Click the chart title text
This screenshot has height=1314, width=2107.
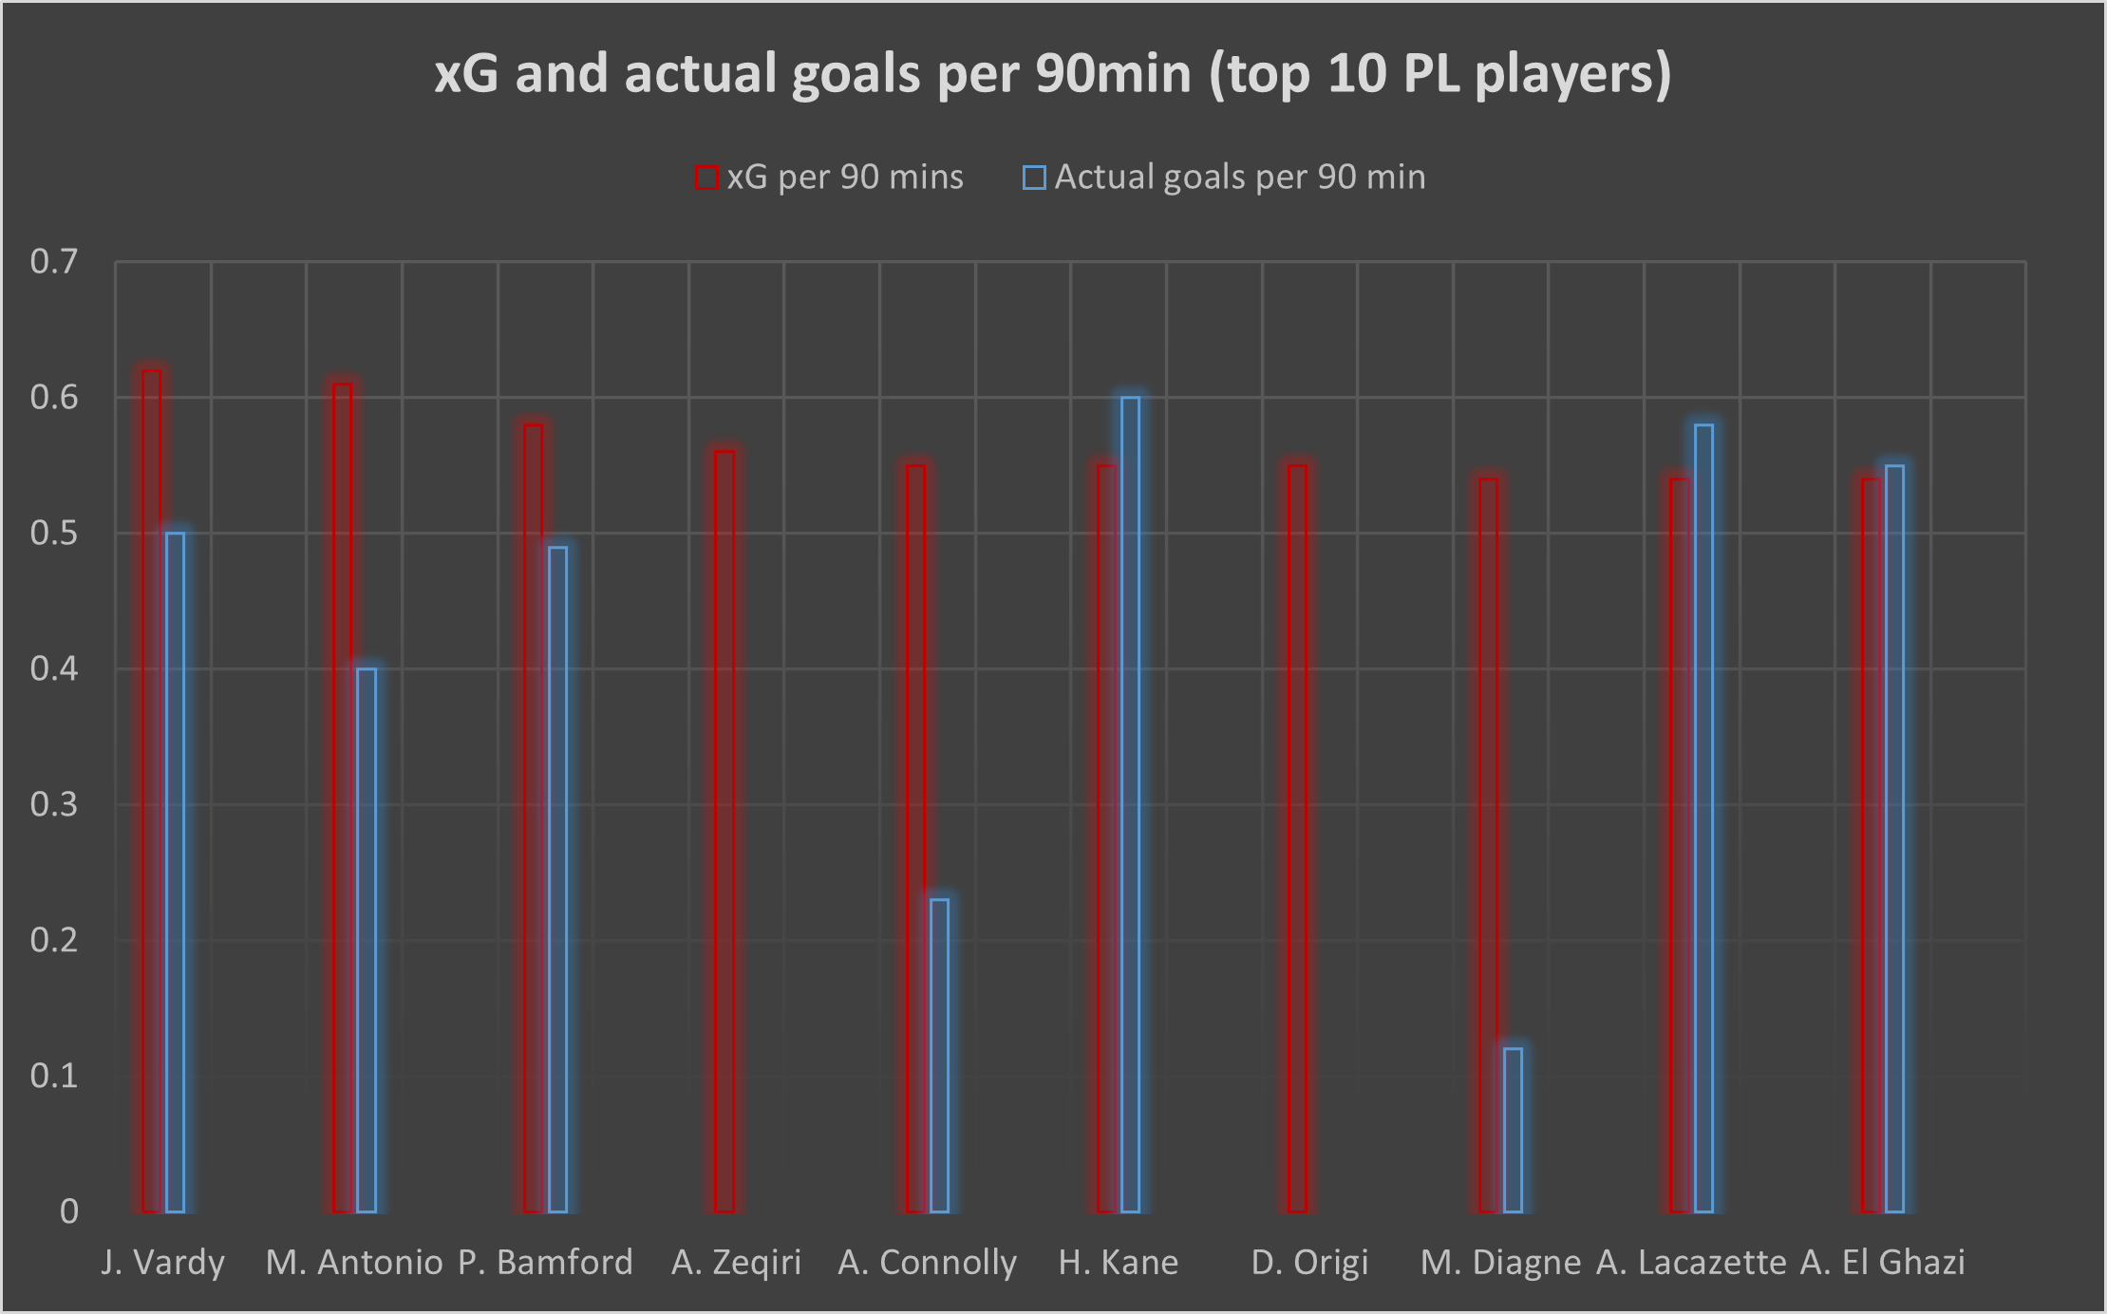click(1052, 74)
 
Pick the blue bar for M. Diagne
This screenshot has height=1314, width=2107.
click(1513, 1130)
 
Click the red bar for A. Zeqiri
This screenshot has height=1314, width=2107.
click(724, 832)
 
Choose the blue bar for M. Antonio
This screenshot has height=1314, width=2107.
click(367, 940)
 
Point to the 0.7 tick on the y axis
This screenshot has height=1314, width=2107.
click(54, 262)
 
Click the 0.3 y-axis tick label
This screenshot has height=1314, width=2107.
click(54, 805)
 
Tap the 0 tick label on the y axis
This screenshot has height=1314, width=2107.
click(69, 1211)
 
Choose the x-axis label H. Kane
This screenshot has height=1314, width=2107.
click(1119, 1263)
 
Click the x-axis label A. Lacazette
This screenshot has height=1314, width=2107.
click(1691, 1263)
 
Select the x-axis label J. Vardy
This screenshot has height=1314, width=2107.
click(163, 1263)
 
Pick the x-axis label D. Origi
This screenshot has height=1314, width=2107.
click(1310, 1263)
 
